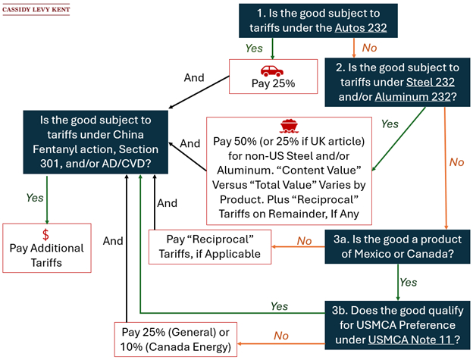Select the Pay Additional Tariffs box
pyautogui.click(x=45, y=248)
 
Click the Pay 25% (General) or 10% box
pyautogui.click(x=175, y=340)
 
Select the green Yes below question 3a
pyautogui.click(x=407, y=282)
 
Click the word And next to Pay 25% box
pyautogui.click(x=196, y=77)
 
